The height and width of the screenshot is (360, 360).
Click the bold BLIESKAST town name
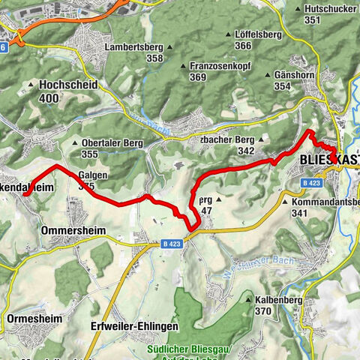tap(328, 160)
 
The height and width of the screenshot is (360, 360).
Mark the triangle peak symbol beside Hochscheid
tap(31, 85)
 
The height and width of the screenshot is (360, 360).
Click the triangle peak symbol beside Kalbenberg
tap(248, 300)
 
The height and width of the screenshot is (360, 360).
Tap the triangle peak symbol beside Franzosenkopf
tap(182, 66)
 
